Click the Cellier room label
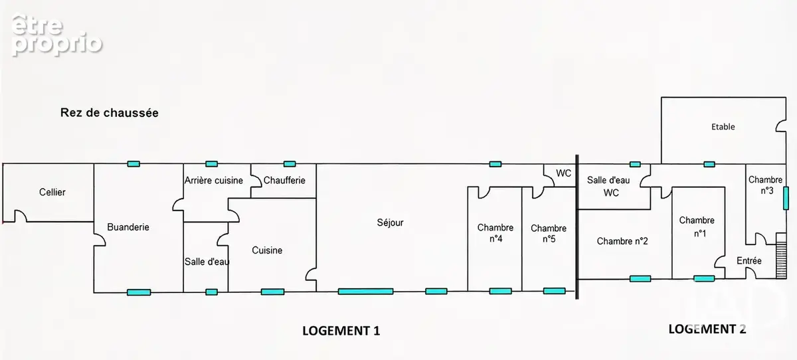[x=52, y=193]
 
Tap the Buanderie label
[x=128, y=227]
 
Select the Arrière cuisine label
[x=213, y=181]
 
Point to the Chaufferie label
[x=284, y=181]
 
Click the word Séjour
[x=391, y=223]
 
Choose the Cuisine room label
[x=267, y=250]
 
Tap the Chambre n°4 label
[x=495, y=233]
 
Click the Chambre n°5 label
[x=549, y=233]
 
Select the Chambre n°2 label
[x=622, y=241]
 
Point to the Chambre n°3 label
[x=765, y=185]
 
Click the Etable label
[x=723, y=127]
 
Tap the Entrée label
[x=749, y=261]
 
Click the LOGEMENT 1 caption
[x=341, y=331]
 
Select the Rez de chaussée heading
[x=109, y=113]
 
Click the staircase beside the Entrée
[x=781, y=256]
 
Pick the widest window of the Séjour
[x=365, y=292]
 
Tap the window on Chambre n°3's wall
[x=786, y=198]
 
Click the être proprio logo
[x=57, y=35]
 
